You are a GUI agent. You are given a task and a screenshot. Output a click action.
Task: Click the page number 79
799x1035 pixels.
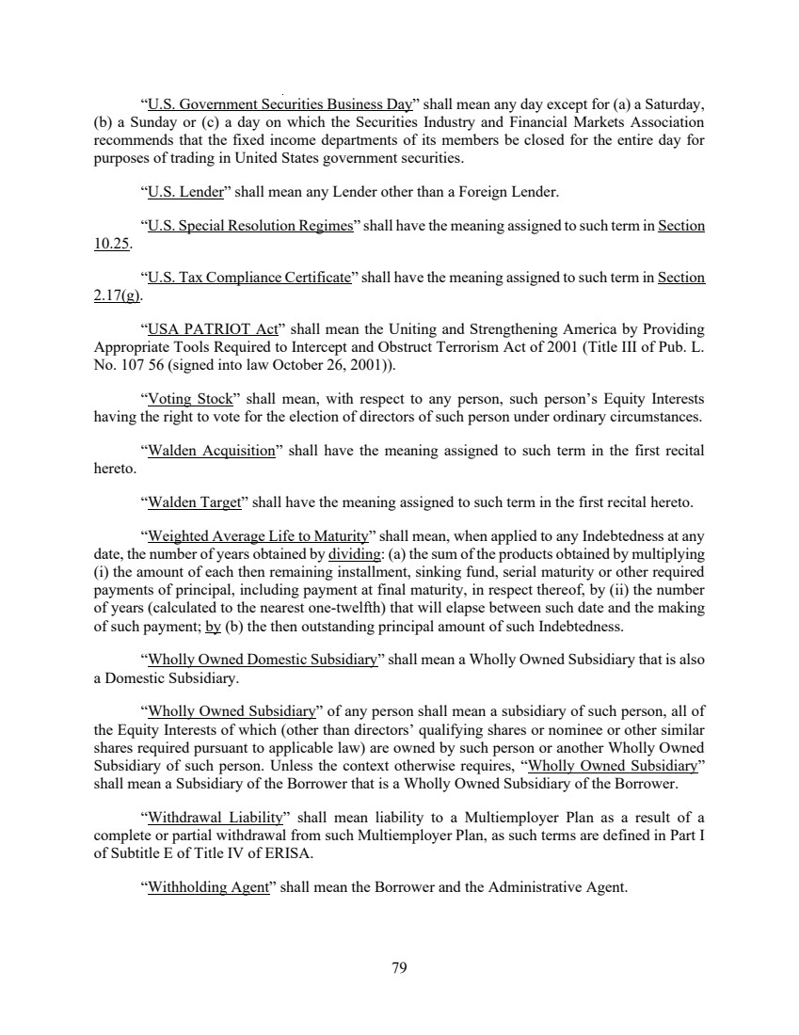tap(398, 966)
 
